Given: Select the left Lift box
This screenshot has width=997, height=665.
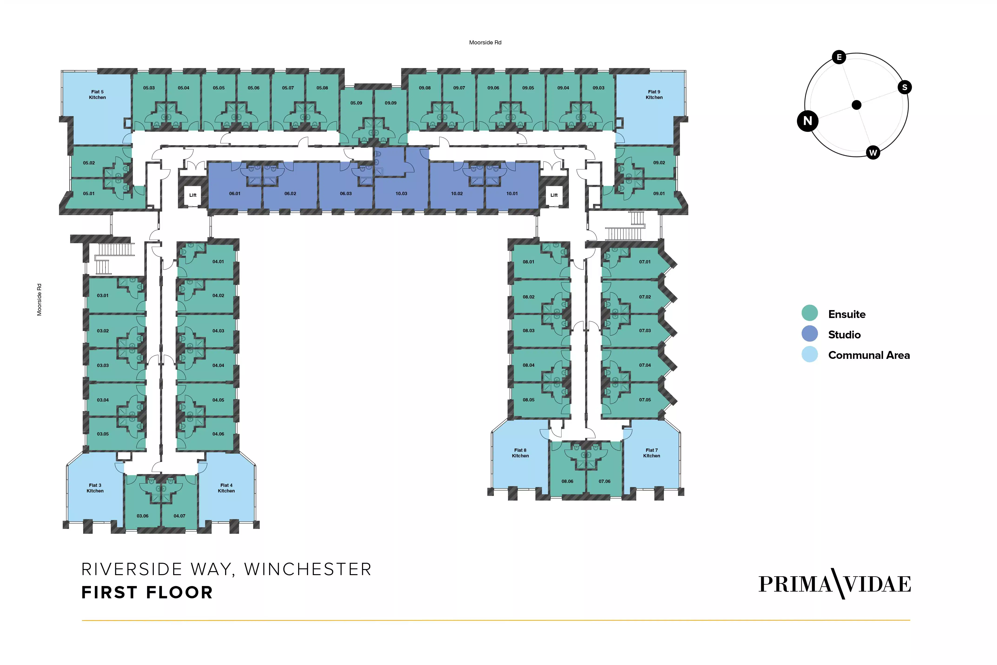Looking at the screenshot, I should click(x=193, y=195).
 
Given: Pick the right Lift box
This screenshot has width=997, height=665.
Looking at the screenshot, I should click(x=554, y=195).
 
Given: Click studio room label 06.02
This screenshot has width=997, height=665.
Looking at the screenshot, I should click(x=290, y=193).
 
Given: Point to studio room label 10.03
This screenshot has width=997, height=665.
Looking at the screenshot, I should click(x=401, y=193).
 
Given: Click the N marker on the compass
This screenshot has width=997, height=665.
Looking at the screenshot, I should click(x=807, y=121).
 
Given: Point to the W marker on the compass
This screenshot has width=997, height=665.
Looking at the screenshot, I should click(x=873, y=153).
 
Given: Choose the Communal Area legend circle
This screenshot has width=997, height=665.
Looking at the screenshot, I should click(x=810, y=354).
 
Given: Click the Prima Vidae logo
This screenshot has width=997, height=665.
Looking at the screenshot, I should click(x=834, y=584).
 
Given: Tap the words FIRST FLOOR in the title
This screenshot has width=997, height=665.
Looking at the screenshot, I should click(x=147, y=593).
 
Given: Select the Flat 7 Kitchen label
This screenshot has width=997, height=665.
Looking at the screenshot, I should click(x=651, y=453).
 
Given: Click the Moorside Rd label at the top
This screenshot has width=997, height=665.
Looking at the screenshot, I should click(x=485, y=43).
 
